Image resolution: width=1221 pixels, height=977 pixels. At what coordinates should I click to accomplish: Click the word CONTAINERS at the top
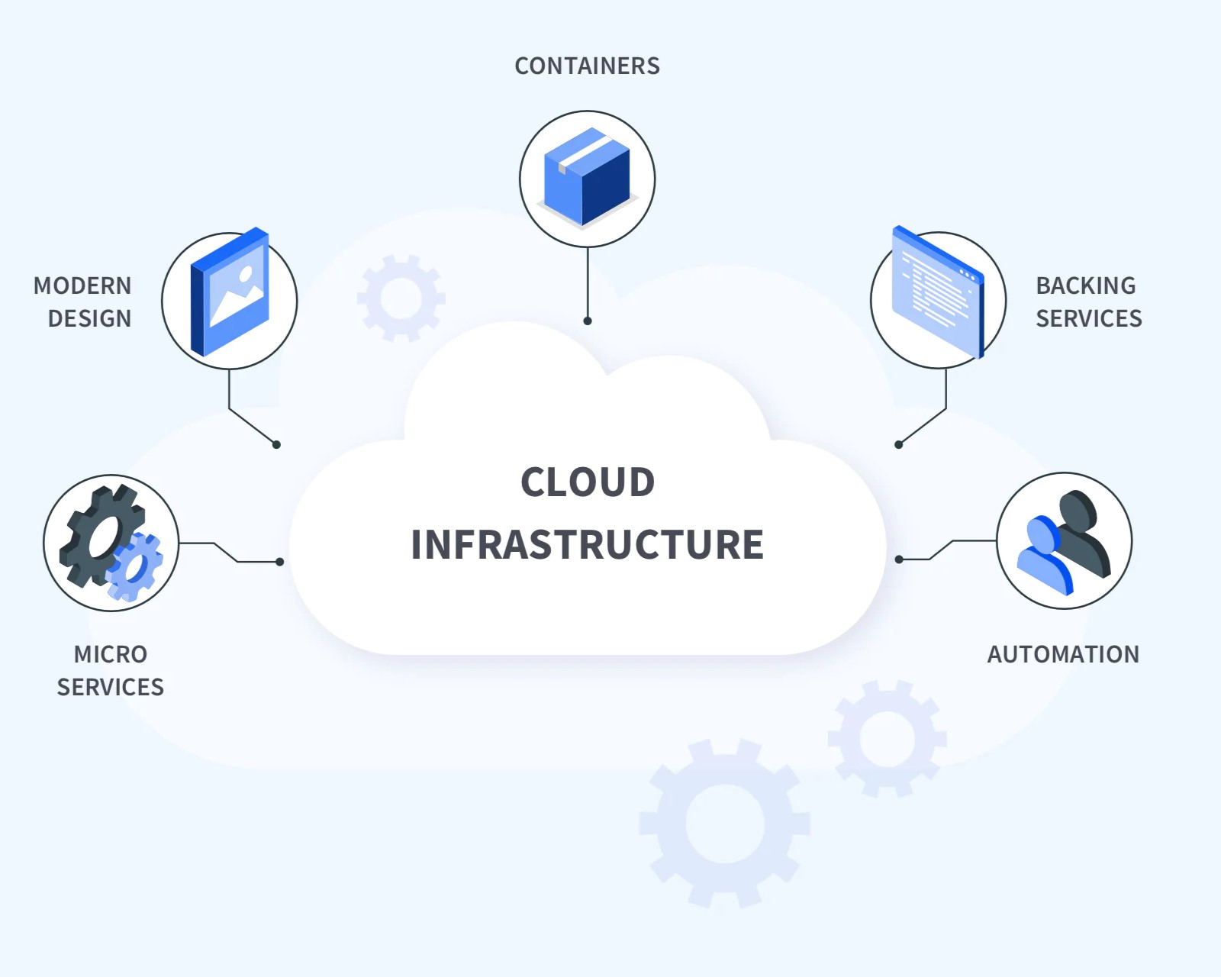coord(587,66)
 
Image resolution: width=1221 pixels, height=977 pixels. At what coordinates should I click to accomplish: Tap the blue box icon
coord(587,177)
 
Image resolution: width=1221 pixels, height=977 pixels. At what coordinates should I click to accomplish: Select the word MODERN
coord(82,285)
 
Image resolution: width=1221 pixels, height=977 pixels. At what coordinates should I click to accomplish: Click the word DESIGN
coord(89,318)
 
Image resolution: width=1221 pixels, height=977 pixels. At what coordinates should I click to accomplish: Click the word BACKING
coord(1085,285)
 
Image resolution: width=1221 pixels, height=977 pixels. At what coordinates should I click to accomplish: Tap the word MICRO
coord(111,654)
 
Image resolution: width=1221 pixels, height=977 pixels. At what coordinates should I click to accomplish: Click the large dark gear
coord(101,534)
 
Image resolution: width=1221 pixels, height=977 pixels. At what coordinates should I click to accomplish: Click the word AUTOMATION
coord(1063,654)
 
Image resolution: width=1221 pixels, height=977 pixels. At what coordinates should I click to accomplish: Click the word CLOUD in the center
coord(588,482)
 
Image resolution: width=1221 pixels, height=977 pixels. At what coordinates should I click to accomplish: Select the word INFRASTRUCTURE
coord(587,544)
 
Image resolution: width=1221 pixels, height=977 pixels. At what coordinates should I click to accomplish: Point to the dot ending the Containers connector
coord(588,321)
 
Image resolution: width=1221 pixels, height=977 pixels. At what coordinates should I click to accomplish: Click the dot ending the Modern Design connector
coord(276,444)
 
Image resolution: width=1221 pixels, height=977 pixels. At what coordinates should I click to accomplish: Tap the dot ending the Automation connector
coord(899,559)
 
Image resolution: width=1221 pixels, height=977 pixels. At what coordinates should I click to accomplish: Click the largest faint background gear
coord(724,823)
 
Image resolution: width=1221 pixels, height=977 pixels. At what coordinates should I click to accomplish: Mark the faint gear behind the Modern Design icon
coord(401,298)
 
